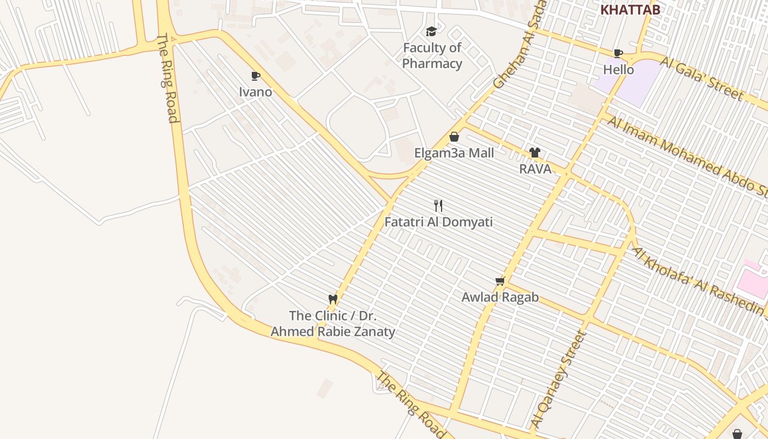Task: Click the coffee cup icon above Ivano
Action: tap(255, 76)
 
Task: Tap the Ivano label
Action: tap(255, 92)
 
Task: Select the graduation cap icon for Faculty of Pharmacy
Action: tap(432, 31)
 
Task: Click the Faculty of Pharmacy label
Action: tap(432, 55)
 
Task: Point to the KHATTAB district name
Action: tap(630, 9)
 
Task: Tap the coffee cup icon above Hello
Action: tap(618, 53)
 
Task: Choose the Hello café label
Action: tap(618, 70)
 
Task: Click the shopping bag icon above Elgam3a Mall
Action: tap(454, 137)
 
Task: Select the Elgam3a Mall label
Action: tap(454, 153)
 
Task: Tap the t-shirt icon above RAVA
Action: tap(535, 153)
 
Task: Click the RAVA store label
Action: tap(535, 169)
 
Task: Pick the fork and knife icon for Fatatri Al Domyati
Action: tap(438, 206)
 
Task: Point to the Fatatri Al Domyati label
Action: tap(438, 222)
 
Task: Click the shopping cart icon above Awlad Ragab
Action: tap(500, 281)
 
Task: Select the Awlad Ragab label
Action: tap(500, 297)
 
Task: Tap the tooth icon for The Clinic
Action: tap(332, 299)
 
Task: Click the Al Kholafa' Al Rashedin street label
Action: tap(699, 282)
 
